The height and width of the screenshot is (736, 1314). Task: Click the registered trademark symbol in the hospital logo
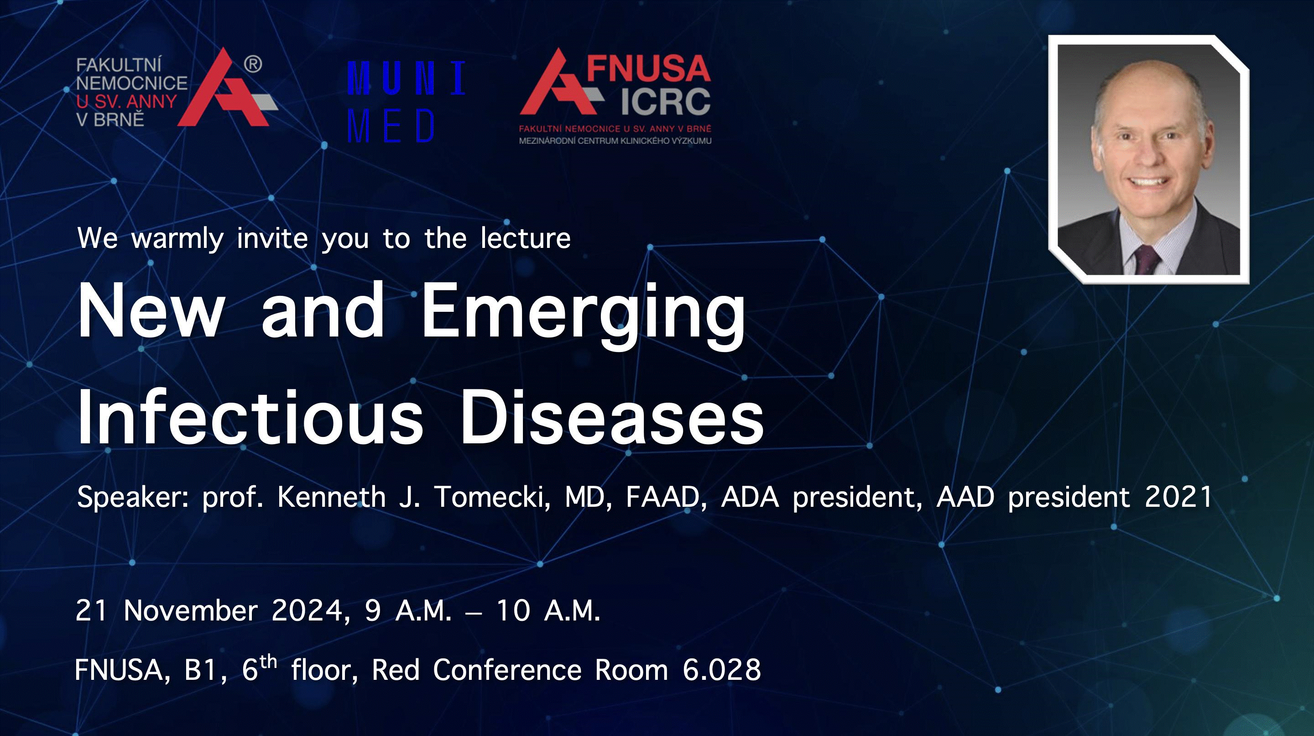pos(253,64)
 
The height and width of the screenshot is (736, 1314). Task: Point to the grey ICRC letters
pos(665,101)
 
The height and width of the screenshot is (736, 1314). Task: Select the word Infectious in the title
pos(250,417)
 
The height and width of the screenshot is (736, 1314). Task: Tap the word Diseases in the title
pos(611,417)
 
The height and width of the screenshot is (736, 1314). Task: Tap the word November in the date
pos(191,610)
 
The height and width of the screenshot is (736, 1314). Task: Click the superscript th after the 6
pos(268,662)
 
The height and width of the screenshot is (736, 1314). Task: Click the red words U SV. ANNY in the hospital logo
pos(126,101)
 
